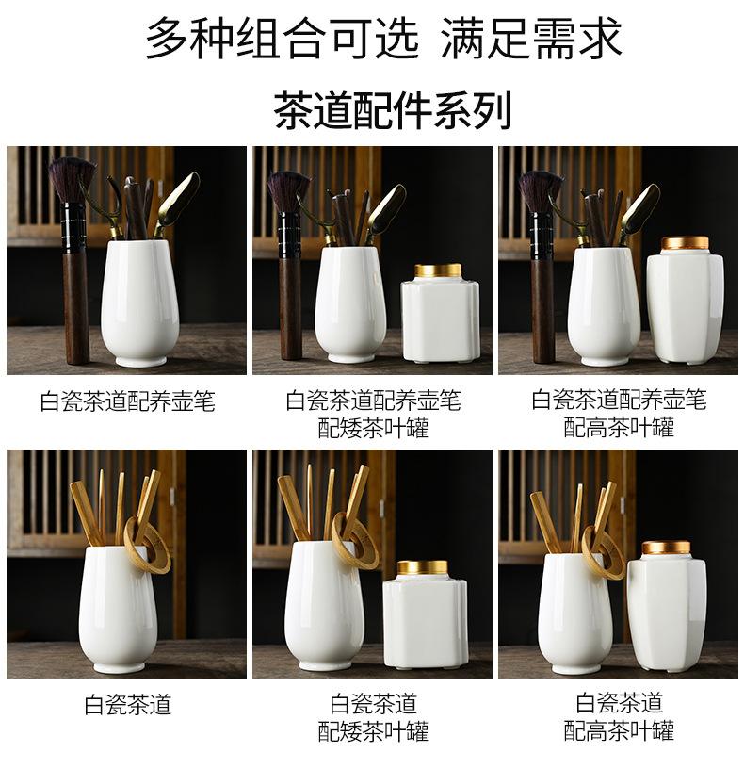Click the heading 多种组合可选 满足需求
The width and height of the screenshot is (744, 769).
point(383,39)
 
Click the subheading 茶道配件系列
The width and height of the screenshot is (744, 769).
point(392,110)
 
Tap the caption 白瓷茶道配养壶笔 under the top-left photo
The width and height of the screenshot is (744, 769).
point(127,401)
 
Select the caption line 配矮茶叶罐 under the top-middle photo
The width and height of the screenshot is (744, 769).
point(373,428)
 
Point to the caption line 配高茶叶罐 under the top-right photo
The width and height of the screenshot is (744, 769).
point(619,428)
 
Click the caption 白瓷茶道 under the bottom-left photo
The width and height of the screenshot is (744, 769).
point(127,705)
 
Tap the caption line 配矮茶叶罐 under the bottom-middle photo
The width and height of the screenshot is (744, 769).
point(373,730)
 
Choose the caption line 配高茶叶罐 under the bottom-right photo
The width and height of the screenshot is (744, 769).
point(619,730)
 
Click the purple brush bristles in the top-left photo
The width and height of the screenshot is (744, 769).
point(73,179)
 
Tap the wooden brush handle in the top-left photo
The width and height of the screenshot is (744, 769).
point(76,308)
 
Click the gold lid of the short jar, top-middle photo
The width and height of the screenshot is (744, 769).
point(438,270)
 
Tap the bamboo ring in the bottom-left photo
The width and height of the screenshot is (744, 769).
point(147,544)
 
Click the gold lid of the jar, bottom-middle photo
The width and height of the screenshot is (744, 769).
point(422,568)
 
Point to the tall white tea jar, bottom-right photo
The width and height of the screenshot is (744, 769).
point(667,608)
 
